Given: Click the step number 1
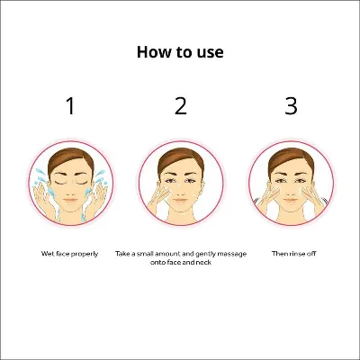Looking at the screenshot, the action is tap(70, 106).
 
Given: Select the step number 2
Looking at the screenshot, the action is tap(181, 106).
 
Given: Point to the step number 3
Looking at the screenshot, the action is tap(291, 106).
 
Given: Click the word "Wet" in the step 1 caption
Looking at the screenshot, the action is tap(48, 254).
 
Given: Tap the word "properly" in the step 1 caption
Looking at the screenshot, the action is tap(85, 255).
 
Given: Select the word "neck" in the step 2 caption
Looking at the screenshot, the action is tap(203, 263).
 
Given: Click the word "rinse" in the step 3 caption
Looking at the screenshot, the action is tap(297, 254).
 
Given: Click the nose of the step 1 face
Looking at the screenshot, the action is tap(71, 192).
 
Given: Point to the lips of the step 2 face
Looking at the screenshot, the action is tap(181, 201).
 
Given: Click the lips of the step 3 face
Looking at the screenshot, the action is tap(291, 201).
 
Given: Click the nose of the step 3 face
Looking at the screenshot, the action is tap(291, 192).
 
